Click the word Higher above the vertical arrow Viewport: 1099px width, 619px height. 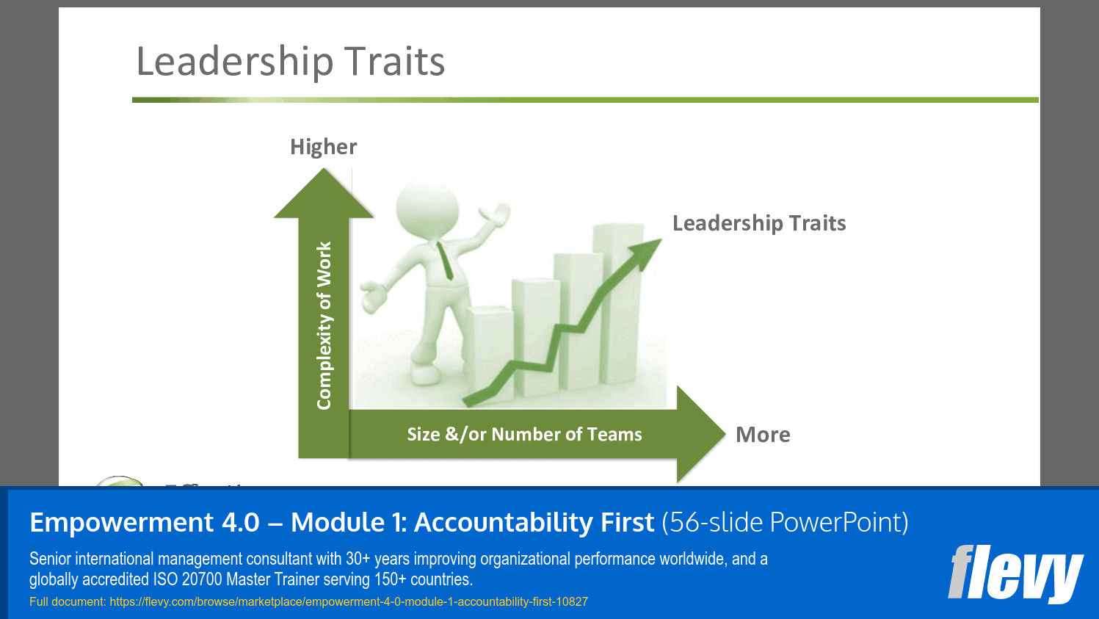click(x=323, y=147)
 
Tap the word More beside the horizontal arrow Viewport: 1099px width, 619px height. click(x=763, y=435)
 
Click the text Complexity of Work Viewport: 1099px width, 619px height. click(x=324, y=325)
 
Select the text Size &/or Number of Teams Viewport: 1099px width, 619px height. click(x=524, y=435)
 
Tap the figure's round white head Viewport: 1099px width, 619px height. click(x=427, y=207)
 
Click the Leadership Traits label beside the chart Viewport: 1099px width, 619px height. click(x=758, y=223)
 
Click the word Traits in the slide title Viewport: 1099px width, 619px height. click(x=394, y=62)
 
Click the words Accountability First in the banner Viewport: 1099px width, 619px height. click(x=533, y=523)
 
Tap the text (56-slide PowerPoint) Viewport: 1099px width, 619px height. click(x=785, y=523)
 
